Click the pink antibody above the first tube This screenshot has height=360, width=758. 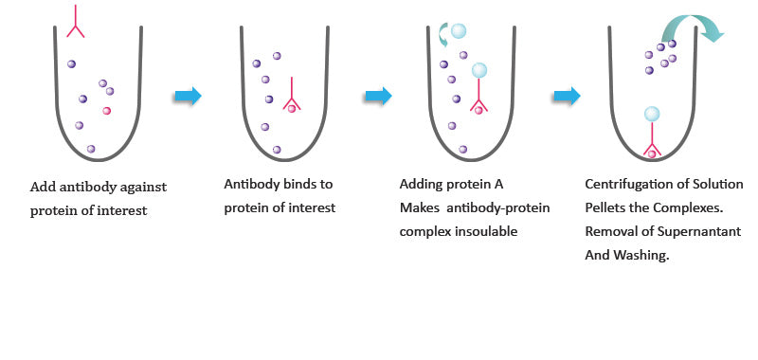(76, 22)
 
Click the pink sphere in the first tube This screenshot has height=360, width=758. (107, 111)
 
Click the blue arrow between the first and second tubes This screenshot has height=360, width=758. (189, 95)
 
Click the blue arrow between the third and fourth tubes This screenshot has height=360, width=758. (567, 95)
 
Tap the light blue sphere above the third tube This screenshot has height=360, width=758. (460, 31)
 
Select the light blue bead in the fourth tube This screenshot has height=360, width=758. (652, 115)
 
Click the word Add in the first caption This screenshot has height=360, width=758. (43, 186)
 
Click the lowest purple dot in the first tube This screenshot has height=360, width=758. (91, 149)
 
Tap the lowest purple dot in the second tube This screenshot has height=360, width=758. (277, 149)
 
